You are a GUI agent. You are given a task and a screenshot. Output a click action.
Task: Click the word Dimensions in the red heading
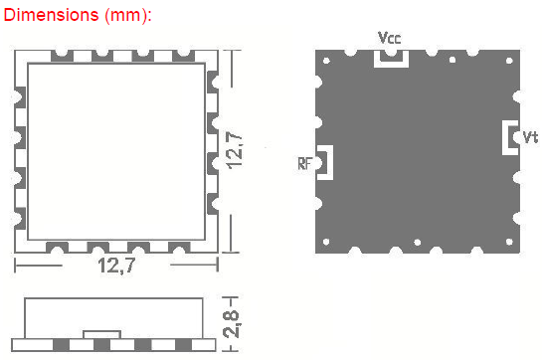[51, 15]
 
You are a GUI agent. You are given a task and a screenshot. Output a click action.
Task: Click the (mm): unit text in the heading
[128, 16]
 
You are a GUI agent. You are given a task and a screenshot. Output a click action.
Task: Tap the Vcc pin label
[390, 38]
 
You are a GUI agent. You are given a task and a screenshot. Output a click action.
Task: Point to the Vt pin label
[530, 137]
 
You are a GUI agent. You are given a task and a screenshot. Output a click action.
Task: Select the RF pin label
[305, 163]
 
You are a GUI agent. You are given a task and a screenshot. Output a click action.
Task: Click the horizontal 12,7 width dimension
[116, 266]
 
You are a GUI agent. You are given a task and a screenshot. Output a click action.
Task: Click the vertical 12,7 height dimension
[234, 150]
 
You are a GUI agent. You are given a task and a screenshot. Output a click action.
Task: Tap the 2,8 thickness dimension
[232, 324]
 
